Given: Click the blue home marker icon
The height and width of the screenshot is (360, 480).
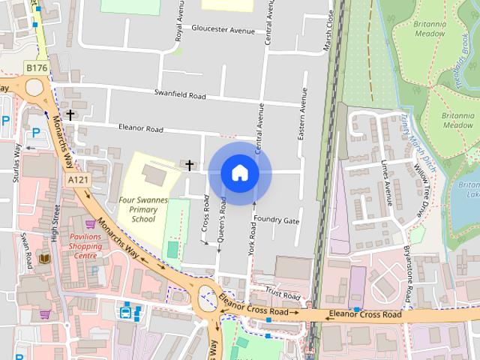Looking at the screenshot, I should coord(239,173).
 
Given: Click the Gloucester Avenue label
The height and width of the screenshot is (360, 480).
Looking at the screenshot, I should coord(223,29).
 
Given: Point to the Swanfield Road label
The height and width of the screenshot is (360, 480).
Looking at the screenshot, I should coord(179,96).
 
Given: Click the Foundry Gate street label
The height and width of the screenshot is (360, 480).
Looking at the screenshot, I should coord(276,220).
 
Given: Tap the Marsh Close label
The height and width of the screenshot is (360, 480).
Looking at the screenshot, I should coord(328,33).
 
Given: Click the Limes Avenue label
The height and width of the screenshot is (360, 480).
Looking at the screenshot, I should coord(387,182).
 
